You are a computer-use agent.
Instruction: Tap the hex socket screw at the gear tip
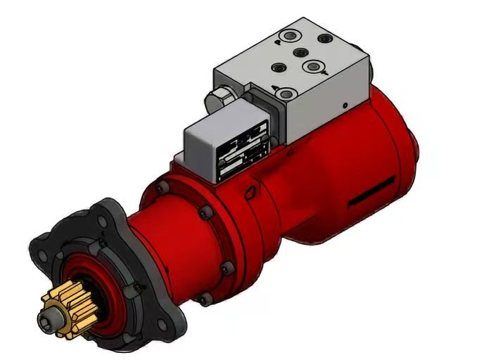point(50,320)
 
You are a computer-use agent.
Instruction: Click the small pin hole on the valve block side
point(344,105)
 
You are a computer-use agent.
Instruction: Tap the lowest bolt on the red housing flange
point(203,300)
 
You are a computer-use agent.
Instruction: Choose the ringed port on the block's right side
point(311,67)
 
